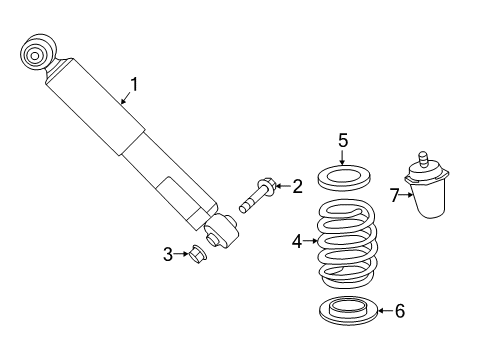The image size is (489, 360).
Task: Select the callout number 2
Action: [296, 186]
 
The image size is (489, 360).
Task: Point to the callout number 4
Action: [296, 240]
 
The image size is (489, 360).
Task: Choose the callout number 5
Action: [342, 140]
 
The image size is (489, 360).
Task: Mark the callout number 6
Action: [400, 311]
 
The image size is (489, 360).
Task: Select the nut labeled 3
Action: [197, 255]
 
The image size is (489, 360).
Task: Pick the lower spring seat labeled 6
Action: [345, 312]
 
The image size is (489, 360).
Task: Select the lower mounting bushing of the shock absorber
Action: [222, 233]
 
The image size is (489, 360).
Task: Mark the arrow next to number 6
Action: [384, 311]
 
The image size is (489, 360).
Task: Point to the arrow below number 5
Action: [342, 160]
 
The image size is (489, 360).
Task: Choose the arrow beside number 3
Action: [183, 254]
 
